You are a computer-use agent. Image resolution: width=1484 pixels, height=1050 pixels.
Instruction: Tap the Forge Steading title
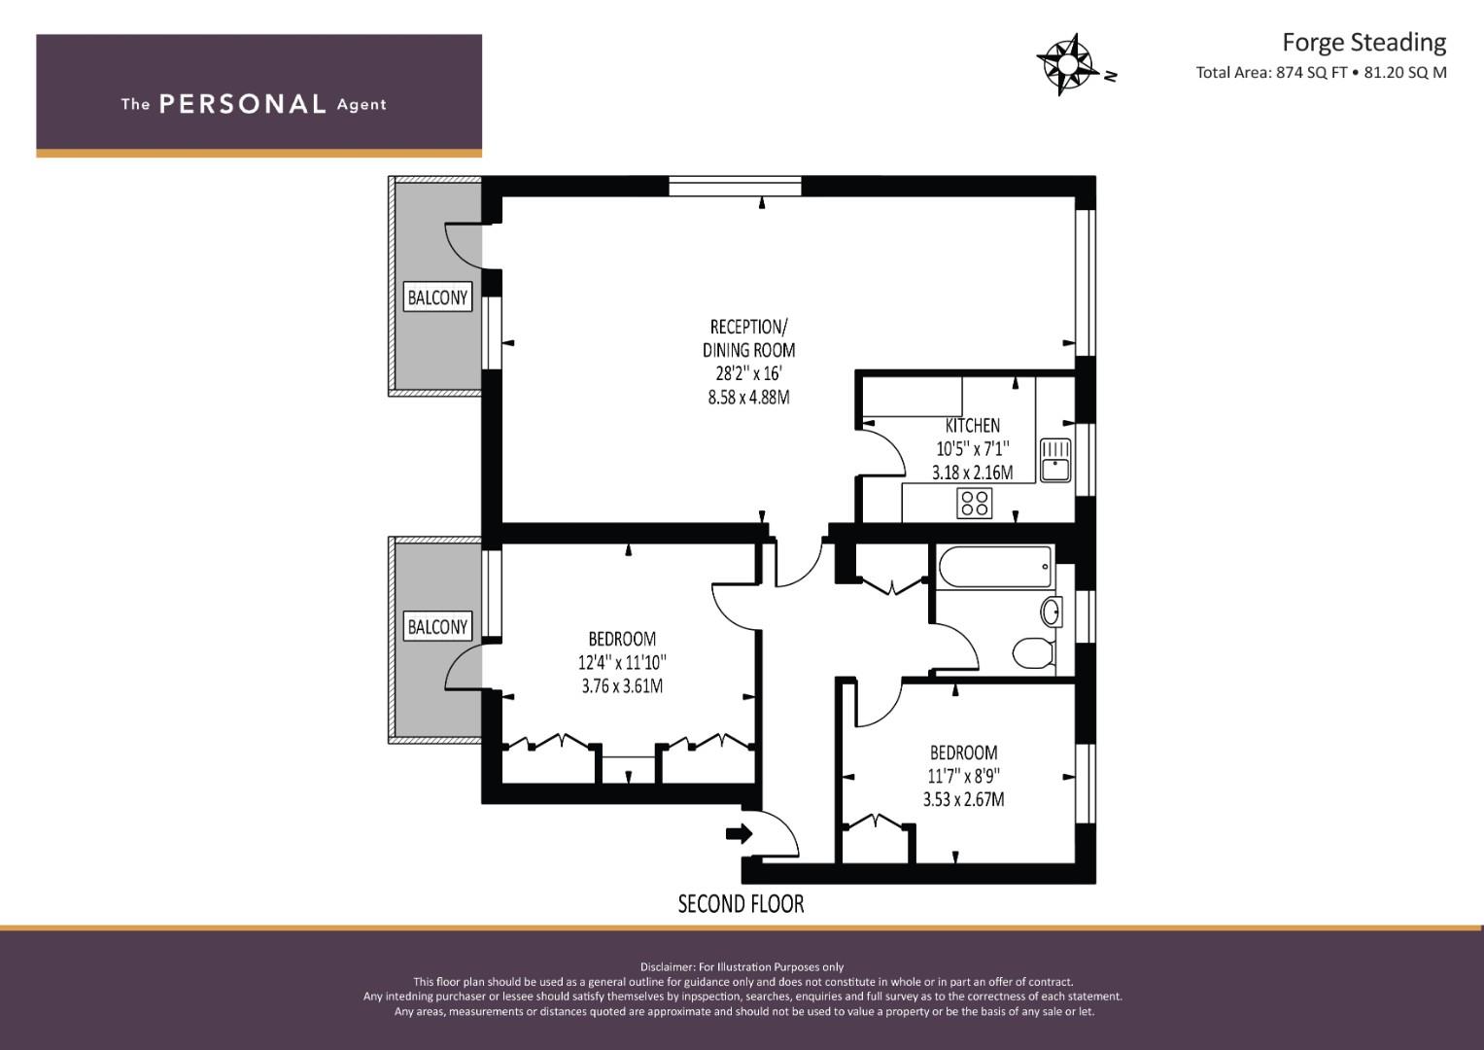1364,43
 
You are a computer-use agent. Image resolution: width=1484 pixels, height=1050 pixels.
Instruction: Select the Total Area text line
1321,72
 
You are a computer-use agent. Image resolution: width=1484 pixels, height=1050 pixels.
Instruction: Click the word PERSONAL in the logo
243,104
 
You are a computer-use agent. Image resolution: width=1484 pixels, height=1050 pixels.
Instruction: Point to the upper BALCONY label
437,297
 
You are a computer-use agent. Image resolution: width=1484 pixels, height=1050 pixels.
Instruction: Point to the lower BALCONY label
437,626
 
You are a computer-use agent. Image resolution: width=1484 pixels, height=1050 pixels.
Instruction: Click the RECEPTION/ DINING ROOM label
748,338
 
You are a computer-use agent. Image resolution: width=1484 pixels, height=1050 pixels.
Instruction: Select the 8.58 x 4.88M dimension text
748,398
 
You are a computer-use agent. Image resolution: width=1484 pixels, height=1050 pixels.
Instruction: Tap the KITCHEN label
973,426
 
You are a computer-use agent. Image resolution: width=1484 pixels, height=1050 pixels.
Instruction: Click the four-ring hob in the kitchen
975,503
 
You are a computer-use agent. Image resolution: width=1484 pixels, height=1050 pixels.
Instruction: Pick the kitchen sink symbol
1055,459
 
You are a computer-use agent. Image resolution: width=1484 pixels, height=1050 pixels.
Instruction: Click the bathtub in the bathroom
995,566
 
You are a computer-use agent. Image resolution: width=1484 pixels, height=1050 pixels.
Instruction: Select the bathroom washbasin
1052,612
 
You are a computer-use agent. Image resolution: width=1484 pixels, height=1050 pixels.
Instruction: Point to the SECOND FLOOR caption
741,903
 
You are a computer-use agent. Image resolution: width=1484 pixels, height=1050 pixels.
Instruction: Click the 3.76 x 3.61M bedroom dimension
622,686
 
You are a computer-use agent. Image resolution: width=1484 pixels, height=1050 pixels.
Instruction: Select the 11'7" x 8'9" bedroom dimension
964,776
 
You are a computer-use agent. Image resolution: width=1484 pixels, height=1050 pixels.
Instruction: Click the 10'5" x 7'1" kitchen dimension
973,449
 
